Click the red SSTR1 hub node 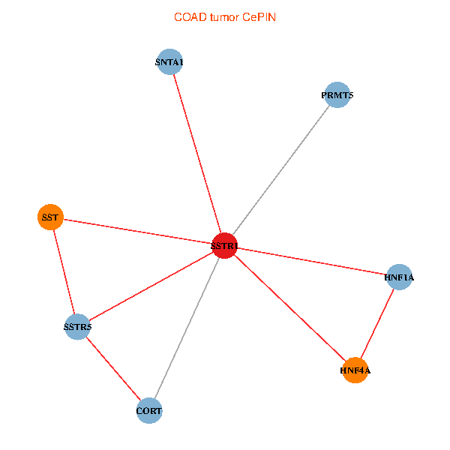pyautogui.click(x=225, y=246)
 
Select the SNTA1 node pyautogui.click(x=169, y=61)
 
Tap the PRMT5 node pyautogui.click(x=337, y=94)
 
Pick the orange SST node pyautogui.click(x=50, y=217)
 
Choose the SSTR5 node pyautogui.click(x=77, y=326)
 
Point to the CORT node pyautogui.click(x=149, y=410)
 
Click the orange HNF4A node pyautogui.click(x=355, y=370)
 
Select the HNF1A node pyautogui.click(x=399, y=277)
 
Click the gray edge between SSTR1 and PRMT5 pyautogui.click(x=281, y=170)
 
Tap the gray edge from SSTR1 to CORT pyautogui.click(x=187, y=328)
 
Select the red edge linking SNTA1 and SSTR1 pyautogui.click(x=197, y=154)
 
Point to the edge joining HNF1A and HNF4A pyautogui.click(x=377, y=323)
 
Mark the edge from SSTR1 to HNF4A pyautogui.click(x=289, y=308)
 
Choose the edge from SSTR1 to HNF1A pyautogui.click(x=312, y=262)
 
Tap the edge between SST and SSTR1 pyautogui.click(x=138, y=231)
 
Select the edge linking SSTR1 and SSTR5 pyautogui.click(x=151, y=286)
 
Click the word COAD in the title pyautogui.click(x=190, y=17)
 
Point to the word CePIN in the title pyautogui.click(x=259, y=17)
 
